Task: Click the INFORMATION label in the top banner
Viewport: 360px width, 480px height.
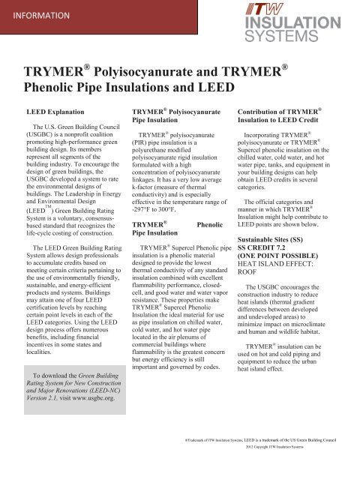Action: [41, 14]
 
